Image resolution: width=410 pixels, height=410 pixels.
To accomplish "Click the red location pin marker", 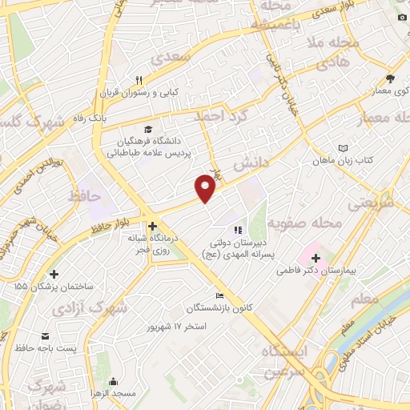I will click(x=206, y=187).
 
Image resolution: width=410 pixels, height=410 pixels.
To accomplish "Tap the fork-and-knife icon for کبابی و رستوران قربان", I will click(x=139, y=79).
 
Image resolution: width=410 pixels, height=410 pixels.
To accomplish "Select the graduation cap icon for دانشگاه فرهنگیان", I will click(x=147, y=129).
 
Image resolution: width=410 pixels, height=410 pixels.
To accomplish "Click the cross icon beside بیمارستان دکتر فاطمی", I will click(x=316, y=258).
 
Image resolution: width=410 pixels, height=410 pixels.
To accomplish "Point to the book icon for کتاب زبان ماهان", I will click(x=343, y=148).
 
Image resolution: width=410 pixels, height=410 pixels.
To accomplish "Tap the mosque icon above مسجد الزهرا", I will click(x=113, y=381).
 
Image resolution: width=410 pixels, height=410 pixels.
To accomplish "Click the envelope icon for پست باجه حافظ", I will click(x=45, y=335).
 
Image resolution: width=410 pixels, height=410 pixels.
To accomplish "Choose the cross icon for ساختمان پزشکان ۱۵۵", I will click(x=53, y=274).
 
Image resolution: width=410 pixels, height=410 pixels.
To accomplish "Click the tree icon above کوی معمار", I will click(x=390, y=78).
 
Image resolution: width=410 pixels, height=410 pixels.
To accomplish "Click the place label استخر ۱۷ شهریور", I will click(x=177, y=327).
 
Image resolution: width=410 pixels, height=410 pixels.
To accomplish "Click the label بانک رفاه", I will click(x=92, y=118).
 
